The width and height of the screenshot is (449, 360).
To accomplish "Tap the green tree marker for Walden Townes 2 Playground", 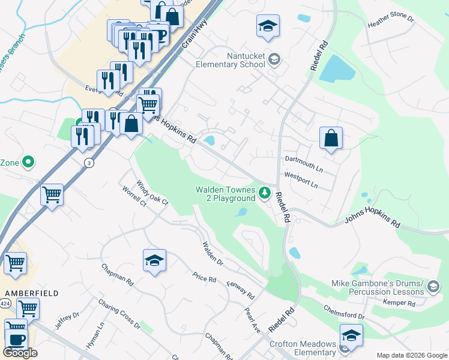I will click(265, 193).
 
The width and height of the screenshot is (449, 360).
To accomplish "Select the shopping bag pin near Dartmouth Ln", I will click(331, 139).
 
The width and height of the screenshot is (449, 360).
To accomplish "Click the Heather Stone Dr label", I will click(391, 23).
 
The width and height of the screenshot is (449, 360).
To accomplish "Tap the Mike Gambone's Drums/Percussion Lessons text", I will click(377, 287).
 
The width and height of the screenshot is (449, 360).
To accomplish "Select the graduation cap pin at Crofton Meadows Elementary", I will click(351, 335).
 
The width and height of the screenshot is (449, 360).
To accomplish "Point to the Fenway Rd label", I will click(241, 290).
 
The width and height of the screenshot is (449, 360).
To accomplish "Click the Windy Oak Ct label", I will click(152, 194).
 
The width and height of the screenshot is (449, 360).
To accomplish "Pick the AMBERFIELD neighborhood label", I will click(23, 293).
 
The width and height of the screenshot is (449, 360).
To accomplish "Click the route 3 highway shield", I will click(89, 163).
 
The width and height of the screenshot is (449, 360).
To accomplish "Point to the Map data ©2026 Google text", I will click(411, 355).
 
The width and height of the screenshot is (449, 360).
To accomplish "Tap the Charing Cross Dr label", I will click(118, 314).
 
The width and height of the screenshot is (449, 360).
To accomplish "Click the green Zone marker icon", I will click(28, 162).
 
